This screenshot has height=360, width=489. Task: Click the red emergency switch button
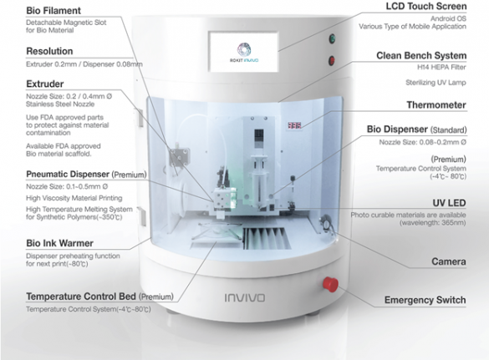(x=330, y=284)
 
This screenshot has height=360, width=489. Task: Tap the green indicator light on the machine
(x=333, y=39)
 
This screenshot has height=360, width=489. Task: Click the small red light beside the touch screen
(x=332, y=60)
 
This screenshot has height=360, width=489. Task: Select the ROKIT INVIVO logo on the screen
(x=243, y=53)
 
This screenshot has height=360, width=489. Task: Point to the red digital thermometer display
(x=294, y=125)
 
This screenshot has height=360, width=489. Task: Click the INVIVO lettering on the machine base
(x=245, y=298)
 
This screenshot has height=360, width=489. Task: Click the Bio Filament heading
(x=53, y=11)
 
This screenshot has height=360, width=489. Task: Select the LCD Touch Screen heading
(x=426, y=6)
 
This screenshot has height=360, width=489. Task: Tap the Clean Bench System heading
(x=421, y=55)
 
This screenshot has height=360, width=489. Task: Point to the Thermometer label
(x=436, y=105)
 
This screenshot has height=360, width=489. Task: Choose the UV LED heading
(x=449, y=203)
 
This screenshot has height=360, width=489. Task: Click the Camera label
(x=448, y=261)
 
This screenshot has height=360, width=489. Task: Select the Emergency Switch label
(x=425, y=300)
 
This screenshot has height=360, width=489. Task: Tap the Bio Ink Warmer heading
(x=59, y=243)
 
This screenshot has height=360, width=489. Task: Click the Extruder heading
(x=45, y=84)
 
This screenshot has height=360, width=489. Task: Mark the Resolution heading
(x=49, y=51)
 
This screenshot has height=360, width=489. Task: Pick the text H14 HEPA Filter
(x=441, y=67)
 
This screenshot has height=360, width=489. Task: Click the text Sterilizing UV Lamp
(x=436, y=83)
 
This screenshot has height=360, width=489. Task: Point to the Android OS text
(x=448, y=18)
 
